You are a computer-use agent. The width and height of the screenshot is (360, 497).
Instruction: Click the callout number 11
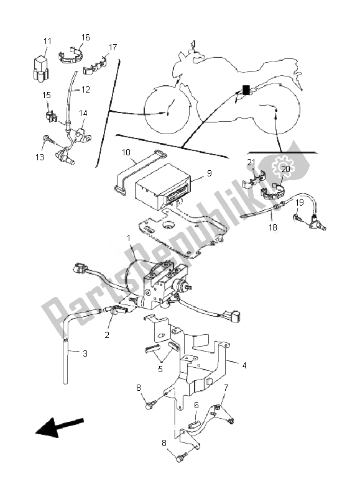point(47,41)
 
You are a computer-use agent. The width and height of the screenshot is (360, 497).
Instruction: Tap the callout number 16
point(85,38)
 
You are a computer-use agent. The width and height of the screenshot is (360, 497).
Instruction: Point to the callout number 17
point(113,47)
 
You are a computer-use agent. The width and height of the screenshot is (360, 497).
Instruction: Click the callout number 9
point(209,174)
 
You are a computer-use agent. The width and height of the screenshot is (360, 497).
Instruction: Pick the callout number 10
point(126,152)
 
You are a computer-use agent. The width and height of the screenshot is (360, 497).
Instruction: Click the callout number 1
point(129,237)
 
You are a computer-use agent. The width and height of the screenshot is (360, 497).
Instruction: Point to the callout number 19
point(299,203)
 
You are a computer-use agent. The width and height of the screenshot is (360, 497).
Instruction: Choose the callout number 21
point(251,162)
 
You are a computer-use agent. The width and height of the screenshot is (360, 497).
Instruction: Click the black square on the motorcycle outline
point(246,89)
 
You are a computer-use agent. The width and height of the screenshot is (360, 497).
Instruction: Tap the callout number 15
point(47,95)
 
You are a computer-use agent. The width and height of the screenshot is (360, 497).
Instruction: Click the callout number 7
point(226,388)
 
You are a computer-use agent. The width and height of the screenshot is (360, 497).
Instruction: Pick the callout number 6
point(196,404)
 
